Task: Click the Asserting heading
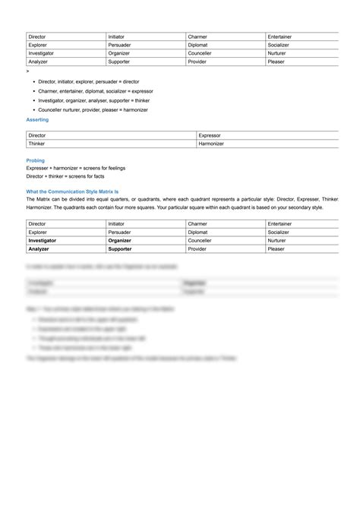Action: tap(37, 119)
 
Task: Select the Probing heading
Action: tap(35, 160)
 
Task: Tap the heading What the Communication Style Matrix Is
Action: tap(77, 191)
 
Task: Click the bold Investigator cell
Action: tap(43, 240)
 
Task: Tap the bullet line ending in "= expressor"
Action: tap(95, 90)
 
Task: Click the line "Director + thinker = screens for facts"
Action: tap(65, 175)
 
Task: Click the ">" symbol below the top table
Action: tap(27, 70)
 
